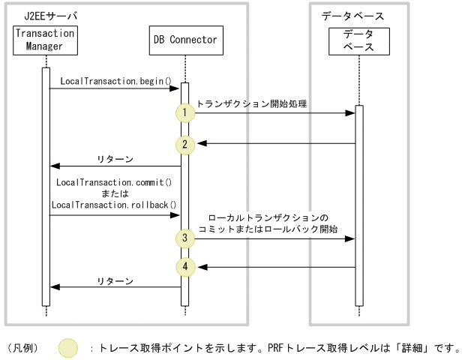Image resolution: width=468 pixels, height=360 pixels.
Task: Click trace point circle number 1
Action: tap(184, 113)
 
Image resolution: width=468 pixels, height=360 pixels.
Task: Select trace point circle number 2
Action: tap(184, 143)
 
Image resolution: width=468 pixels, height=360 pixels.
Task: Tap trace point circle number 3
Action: tap(184, 238)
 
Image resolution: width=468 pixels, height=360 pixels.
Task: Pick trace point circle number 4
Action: tap(184, 266)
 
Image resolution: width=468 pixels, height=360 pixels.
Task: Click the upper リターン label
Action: tap(115, 158)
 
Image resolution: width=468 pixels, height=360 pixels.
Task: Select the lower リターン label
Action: tap(115, 280)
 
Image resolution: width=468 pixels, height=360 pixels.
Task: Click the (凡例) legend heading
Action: tap(22, 347)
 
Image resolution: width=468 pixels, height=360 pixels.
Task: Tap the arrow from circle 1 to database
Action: tap(274, 113)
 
